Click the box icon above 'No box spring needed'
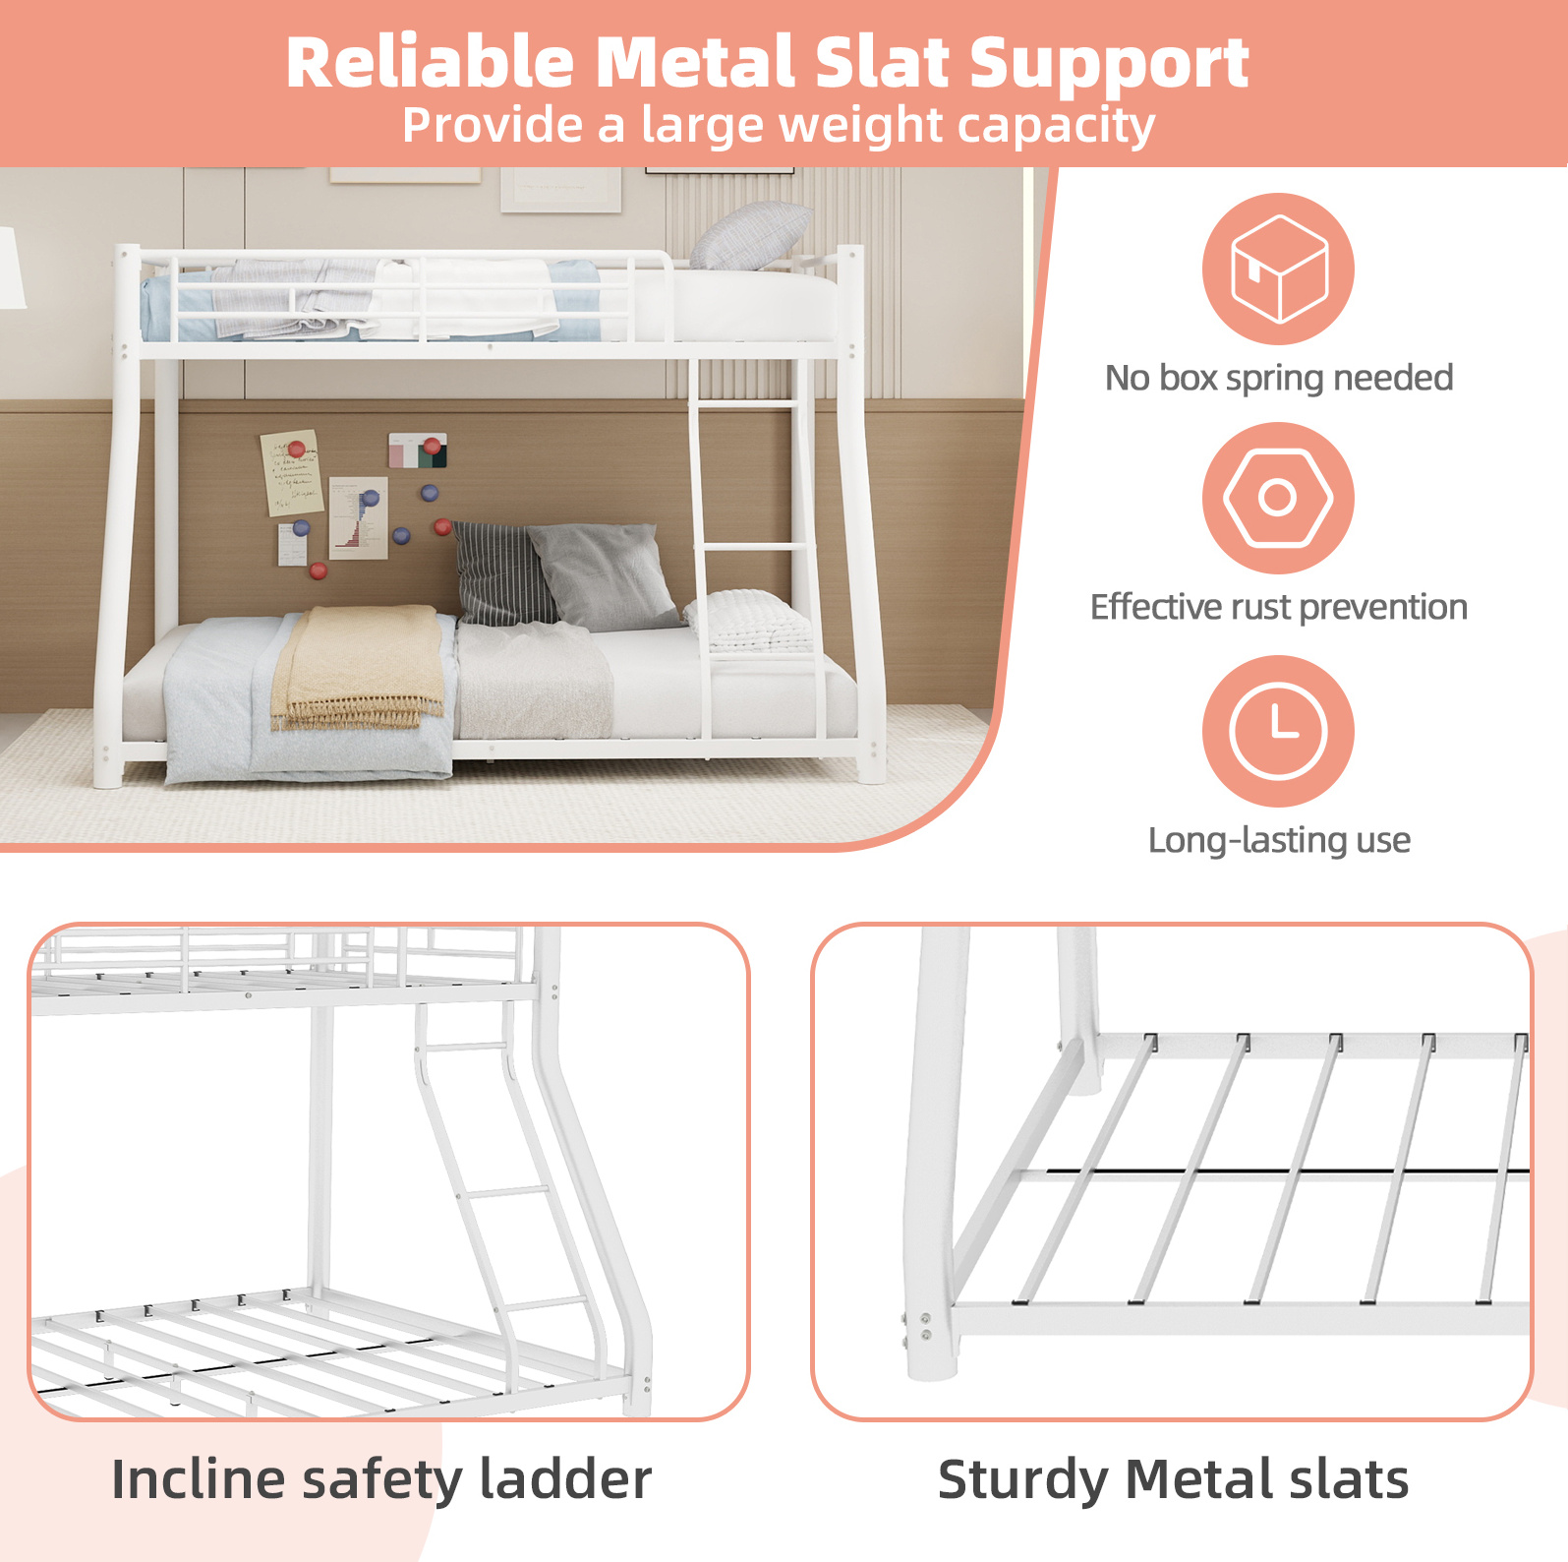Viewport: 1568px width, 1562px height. click(1278, 269)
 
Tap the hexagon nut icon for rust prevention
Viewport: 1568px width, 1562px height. click(1278, 498)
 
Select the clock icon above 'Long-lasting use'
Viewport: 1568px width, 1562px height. click(1278, 731)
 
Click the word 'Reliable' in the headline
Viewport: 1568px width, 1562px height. click(430, 63)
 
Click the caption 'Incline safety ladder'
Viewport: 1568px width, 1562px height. click(381, 1480)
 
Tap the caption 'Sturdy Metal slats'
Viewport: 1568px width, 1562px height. click(1173, 1480)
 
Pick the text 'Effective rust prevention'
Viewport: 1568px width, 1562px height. click(1279, 608)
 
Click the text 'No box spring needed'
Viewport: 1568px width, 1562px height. click(1279, 378)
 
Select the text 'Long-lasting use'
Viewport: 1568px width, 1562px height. click(1279, 840)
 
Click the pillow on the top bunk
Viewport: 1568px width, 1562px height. click(751, 236)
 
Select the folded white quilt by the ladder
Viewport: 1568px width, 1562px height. click(748, 621)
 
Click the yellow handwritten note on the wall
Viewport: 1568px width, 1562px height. click(291, 471)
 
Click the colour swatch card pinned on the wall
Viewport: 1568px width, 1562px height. click(417, 451)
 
